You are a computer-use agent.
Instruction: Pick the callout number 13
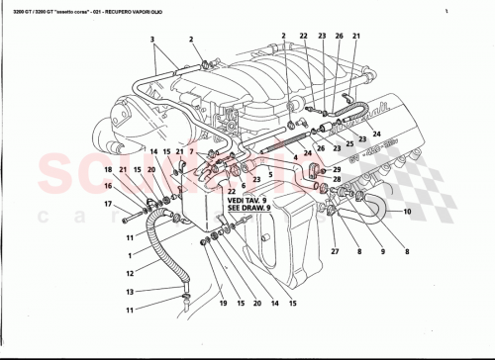pos(129,292)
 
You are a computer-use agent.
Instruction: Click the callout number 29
pos(337,169)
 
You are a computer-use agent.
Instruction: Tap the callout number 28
pos(337,181)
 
